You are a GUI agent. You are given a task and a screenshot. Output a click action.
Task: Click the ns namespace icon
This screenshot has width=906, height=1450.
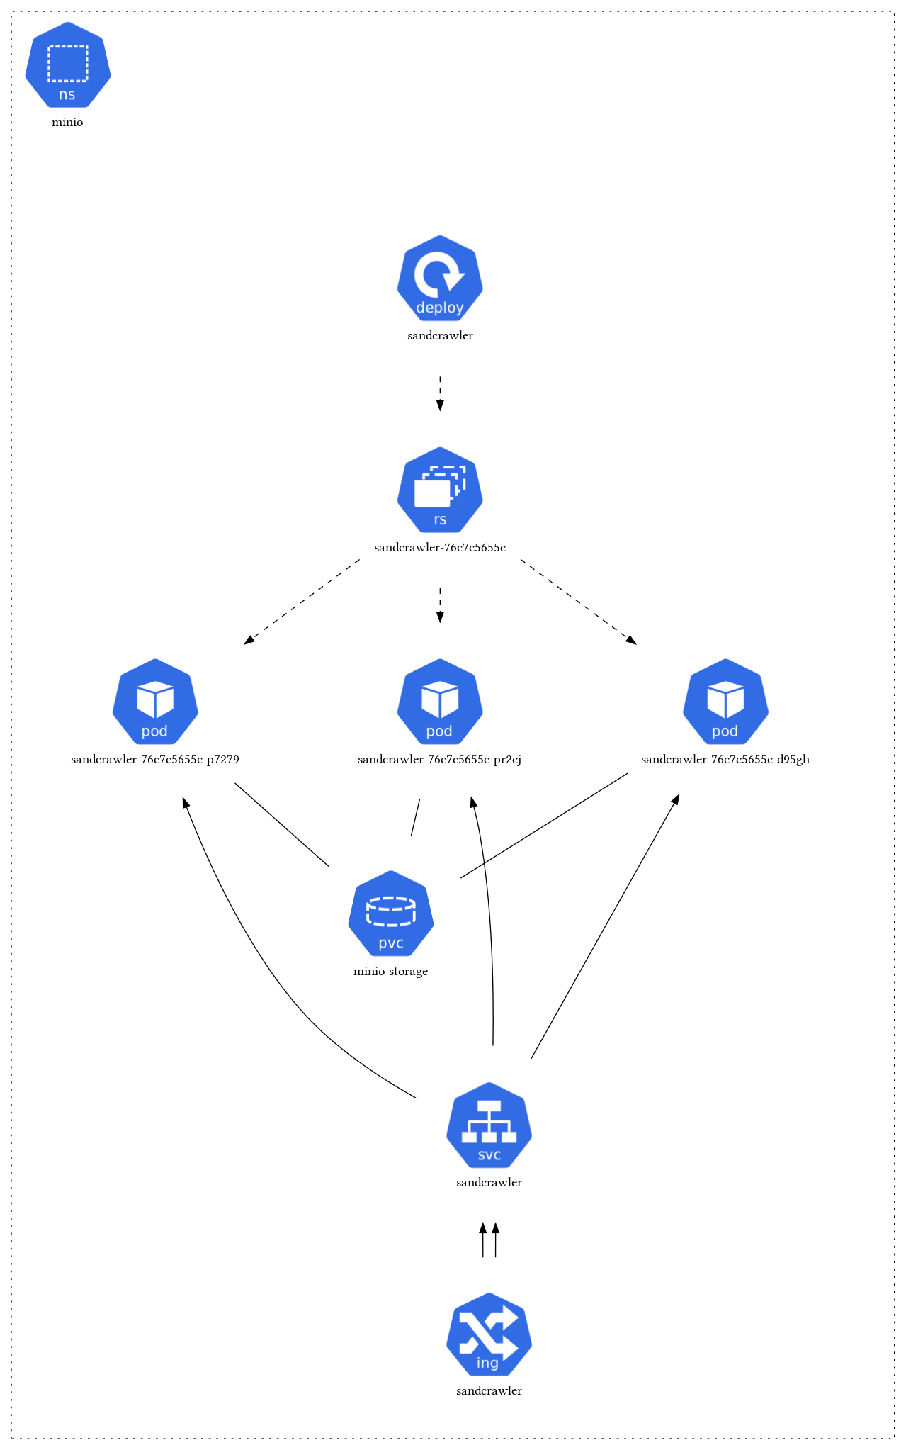pos(68,65)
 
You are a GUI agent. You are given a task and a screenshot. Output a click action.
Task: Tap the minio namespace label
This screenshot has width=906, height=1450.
pos(67,123)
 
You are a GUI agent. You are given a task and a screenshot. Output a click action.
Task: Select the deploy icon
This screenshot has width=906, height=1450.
pos(440,278)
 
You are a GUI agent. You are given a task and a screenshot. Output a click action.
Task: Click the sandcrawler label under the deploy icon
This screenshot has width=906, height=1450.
pos(440,336)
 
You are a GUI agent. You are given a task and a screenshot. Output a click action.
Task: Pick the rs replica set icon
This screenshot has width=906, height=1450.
pos(440,490)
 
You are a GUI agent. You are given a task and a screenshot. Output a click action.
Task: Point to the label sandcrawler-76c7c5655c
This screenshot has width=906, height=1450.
pos(440,548)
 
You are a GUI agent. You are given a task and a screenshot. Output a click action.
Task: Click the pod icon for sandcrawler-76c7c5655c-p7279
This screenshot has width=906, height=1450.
pos(155,702)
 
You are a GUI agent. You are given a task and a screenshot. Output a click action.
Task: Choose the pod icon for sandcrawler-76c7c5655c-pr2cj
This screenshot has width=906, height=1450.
pos(440,702)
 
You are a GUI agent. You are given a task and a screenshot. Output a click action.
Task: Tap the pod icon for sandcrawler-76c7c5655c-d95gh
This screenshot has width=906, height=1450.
pos(725,702)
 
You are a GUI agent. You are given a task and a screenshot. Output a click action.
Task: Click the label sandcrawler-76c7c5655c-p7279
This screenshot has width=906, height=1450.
pos(155,760)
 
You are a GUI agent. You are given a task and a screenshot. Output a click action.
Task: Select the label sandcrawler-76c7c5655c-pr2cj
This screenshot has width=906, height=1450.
pos(440,760)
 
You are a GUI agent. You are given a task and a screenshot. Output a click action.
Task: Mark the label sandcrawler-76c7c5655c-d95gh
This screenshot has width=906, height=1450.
pos(725,760)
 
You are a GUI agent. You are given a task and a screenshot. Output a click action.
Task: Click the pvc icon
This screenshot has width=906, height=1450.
pos(391,914)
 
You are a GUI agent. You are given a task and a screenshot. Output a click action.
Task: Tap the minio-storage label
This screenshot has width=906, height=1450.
pos(391,972)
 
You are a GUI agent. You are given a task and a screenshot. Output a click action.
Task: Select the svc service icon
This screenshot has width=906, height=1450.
pos(489,1125)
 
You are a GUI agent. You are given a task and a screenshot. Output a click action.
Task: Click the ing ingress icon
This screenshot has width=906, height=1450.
pos(489,1335)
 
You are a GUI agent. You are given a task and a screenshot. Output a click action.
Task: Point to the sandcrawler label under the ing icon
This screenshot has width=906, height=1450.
pos(489,1391)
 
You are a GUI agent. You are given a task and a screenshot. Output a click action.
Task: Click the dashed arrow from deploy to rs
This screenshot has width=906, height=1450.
pos(440,393)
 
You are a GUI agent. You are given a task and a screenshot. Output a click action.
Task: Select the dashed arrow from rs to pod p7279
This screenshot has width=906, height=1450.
pos(302,602)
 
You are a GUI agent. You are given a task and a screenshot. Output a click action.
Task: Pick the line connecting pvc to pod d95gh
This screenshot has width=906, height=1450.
pos(544,826)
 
